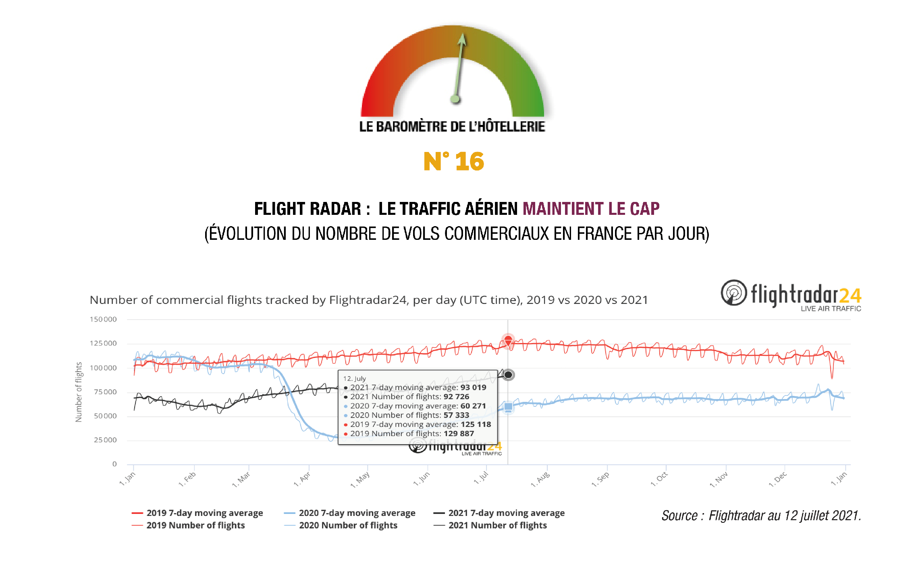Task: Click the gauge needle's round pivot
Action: coord(455,99)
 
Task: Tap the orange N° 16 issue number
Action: coord(454,162)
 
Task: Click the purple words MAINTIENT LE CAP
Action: coord(591,209)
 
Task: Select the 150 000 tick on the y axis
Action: coord(103,320)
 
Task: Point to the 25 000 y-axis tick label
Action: coord(105,440)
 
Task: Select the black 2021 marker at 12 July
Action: coord(509,375)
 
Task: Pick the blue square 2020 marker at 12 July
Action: coord(509,407)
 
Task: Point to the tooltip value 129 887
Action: coord(459,434)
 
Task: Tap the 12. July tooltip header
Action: coord(355,378)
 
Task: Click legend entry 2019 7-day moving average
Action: coord(204,513)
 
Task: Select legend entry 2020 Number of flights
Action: coord(348,526)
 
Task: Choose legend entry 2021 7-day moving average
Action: coord(506,513)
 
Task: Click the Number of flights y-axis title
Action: coord(79,392)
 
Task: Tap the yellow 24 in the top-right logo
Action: coord(850,296)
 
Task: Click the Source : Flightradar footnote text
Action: coord(761,516)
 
